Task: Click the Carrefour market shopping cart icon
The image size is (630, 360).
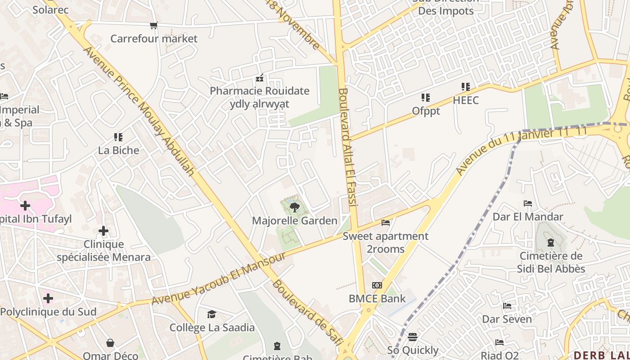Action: [154, 25]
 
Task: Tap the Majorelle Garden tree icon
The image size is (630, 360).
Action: [295, 207]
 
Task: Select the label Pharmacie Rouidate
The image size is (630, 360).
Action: [260, 91]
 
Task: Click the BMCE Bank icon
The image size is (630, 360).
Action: [377, 285]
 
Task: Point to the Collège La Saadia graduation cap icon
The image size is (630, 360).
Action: [212, 314]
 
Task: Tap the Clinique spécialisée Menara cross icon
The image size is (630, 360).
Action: [103, 231]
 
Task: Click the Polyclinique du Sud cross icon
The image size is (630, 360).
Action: [48, 298]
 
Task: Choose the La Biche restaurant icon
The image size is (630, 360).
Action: [118, 137]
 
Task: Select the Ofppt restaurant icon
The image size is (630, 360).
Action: [425, 97]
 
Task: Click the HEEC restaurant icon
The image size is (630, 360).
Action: [466, 86]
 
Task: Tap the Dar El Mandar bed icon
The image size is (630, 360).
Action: [528, 203]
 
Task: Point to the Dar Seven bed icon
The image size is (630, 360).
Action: [507, 306]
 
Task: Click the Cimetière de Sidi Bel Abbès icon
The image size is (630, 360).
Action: [550, 243]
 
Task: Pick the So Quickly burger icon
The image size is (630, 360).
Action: [413, 337]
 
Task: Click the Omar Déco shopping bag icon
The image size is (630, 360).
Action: [110, 343]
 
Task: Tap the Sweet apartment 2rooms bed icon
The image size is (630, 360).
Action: [386, 222]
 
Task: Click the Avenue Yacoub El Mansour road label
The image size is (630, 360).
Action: [219, 279]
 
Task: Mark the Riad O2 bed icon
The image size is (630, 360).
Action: [499, 342]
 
